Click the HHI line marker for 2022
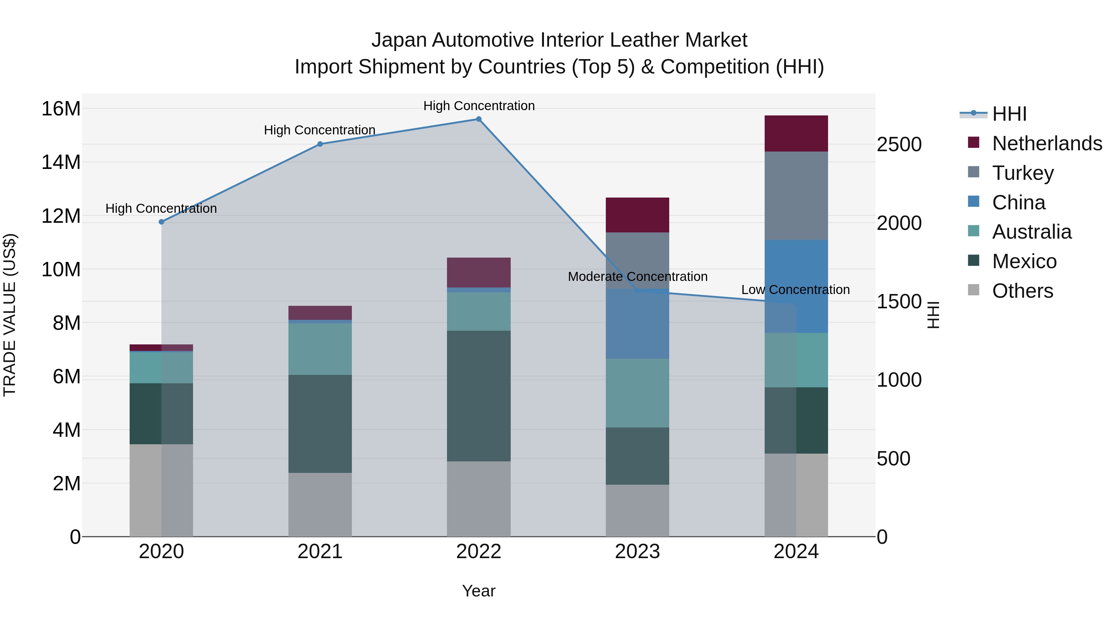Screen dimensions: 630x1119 click(479, 119)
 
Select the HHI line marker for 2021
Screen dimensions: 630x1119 click(320, 144)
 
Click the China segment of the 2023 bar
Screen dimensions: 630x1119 click(637, 324)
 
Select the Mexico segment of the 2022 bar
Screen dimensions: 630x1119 click(479, 396)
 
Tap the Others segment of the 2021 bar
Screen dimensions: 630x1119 click(320, 504)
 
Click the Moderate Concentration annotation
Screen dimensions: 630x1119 click(637, 277)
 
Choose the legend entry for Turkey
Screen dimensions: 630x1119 click(1023, 173)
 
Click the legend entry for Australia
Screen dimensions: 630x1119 click(1031, 232)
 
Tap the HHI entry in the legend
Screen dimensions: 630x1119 click(1009, 114)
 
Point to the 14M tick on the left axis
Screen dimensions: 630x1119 click(61, 162)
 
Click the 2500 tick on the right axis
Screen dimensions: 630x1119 click(899, 144)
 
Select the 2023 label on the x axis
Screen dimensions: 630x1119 click(637, 552)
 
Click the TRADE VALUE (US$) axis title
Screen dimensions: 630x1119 click(10, 315)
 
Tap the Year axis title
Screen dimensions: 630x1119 click(479, 591)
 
